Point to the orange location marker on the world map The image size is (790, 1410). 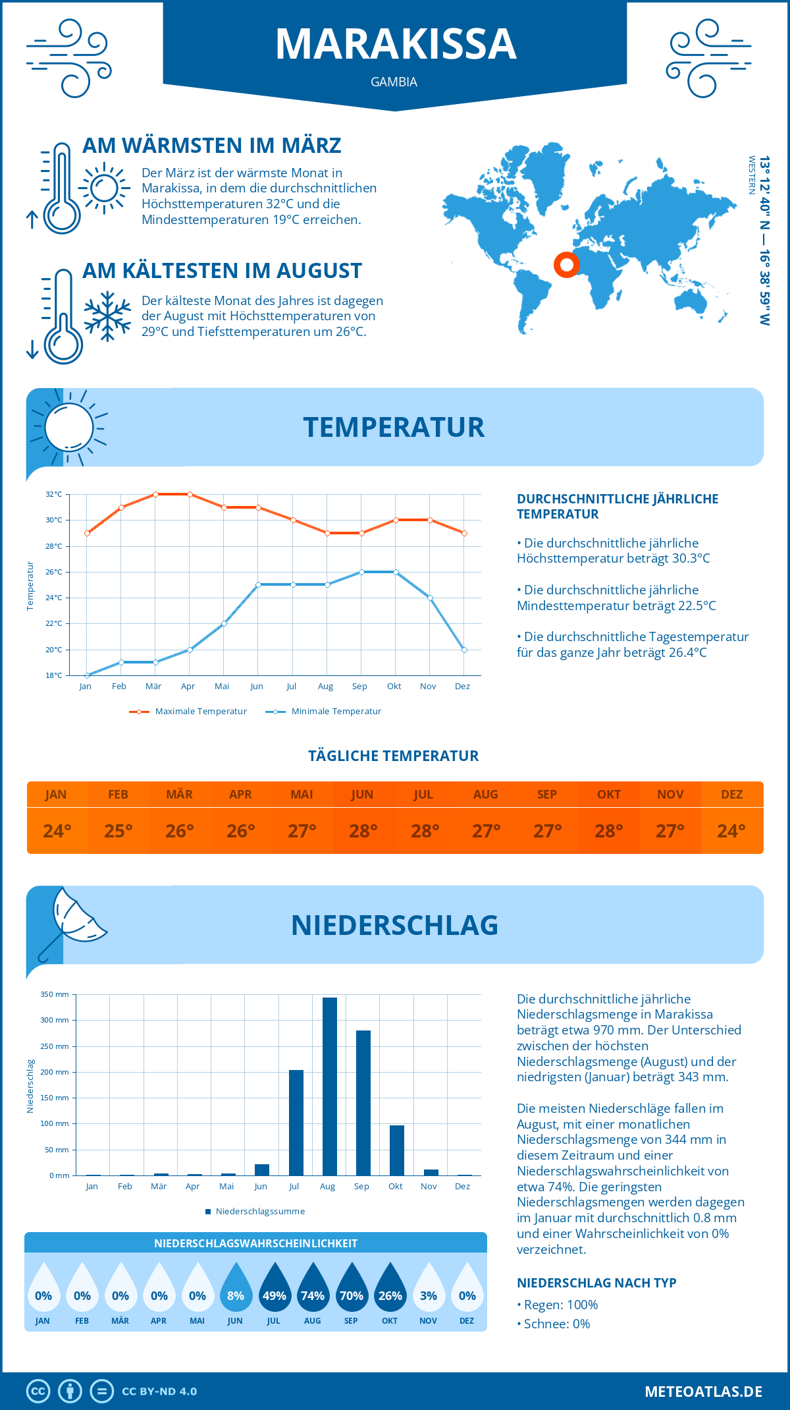pos(566,265)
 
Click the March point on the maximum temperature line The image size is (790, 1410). pos(155,494)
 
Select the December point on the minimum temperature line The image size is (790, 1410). pos(464,650)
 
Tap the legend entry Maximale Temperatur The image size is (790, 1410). pos(188,712)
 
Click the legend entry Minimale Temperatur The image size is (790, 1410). pos(324,712)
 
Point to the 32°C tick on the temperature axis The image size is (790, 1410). pos(54,494)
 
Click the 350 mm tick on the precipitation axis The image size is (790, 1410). pos(55,994)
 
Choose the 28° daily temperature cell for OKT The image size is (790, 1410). pos(609,831)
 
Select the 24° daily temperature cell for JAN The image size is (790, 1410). pos(57,831)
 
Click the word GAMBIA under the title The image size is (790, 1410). pos(394,82)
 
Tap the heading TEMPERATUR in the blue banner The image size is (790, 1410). pos(394,427)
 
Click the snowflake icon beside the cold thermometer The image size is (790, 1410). pos(107,316)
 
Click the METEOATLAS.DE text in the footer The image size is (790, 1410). pos(703,1392)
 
